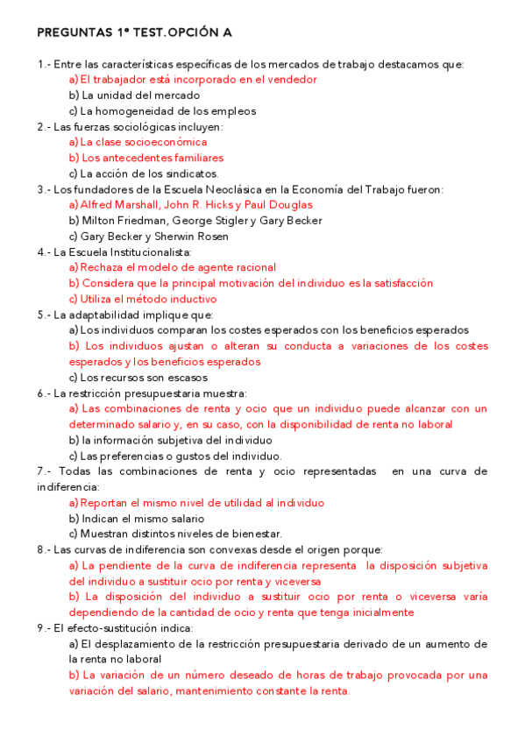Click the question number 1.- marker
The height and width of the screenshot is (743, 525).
(44, 64)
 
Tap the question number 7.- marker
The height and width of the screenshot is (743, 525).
(45, 471)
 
